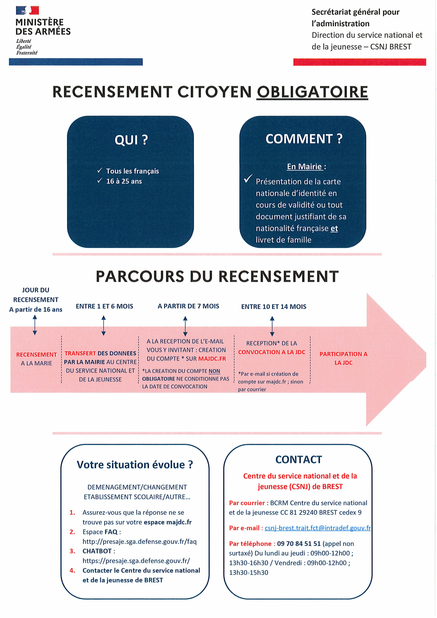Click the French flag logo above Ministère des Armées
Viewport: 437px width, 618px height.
[x=27, y=11]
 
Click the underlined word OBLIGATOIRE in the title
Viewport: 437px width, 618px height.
[x=312, y=92]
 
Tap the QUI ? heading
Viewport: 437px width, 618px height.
[x=131, y=140]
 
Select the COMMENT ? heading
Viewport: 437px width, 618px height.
[x=304, y=139]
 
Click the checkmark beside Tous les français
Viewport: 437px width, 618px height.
[x=100, y=171]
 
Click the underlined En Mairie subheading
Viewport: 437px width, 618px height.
[x=304, y=167]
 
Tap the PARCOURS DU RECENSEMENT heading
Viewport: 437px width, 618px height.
[x=217, y=276]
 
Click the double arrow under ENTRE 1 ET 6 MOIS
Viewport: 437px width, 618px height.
[x=104, y=325]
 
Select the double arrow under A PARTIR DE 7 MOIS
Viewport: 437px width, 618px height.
[x=185, y=326]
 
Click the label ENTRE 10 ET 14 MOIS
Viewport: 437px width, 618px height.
[x=274, y=307]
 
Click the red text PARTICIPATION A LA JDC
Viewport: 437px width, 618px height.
[x=343, y=358]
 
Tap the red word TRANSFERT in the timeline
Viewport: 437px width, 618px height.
[x=80, y=353]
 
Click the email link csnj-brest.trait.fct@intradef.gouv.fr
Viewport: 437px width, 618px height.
[x=317, y=528]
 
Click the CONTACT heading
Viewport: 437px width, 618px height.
[x=299, y=459]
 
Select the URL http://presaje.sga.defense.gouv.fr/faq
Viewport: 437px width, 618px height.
[x=139, y=542]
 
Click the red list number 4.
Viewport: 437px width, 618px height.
[x=72, y=570]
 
